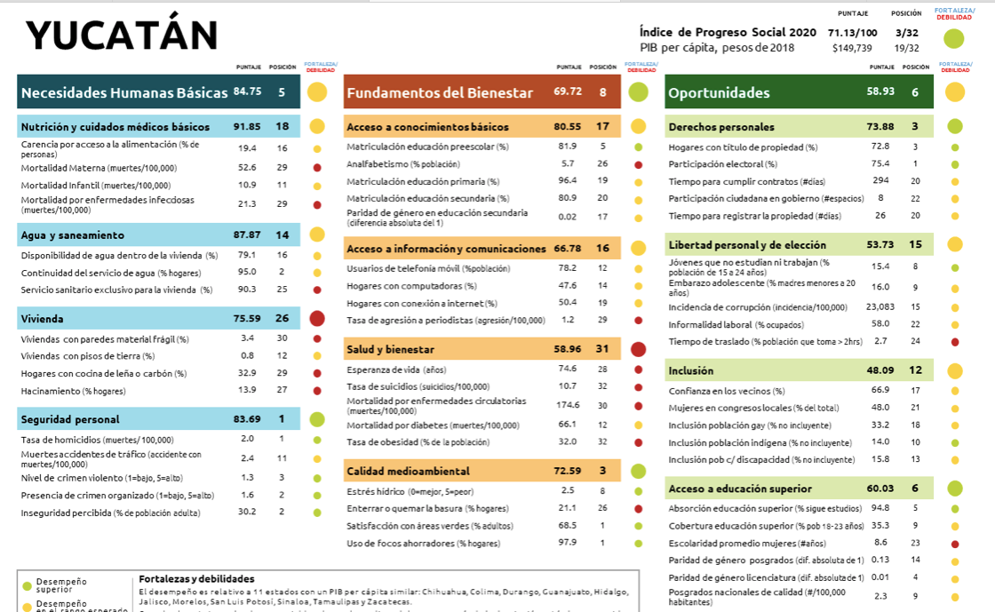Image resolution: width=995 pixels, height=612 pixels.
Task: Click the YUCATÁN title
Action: pos(122,36)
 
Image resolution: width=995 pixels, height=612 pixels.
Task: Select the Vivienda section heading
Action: pos(43,318)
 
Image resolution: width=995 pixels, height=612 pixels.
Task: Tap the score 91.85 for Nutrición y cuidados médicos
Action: pos(247,127)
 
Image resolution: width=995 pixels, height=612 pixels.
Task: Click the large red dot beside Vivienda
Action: pos(316,319)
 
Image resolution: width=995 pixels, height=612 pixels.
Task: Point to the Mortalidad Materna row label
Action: pos(99,168)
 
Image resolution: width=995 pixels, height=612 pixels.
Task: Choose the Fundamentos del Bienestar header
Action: pos(440,92)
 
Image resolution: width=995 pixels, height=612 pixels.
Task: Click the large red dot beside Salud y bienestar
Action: pos(638,349)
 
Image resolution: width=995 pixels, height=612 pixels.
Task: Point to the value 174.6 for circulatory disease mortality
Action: pos(568,405)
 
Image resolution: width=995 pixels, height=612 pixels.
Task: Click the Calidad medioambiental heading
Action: pos(408,471)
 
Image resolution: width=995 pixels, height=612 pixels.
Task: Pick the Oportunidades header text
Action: pos(719,92)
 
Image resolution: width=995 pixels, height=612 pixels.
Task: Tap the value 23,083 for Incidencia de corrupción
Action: pos(880,306)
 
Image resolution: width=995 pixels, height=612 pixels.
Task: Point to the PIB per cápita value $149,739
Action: pos(852,48)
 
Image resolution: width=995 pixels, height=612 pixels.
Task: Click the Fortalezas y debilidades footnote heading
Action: pos(196,579)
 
